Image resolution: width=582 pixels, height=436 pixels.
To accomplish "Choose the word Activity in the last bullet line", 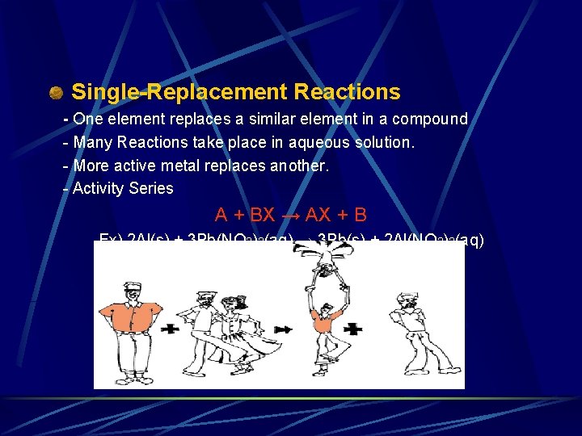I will [x=100, y=188].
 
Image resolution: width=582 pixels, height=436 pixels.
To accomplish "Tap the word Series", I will [x=152, y=188].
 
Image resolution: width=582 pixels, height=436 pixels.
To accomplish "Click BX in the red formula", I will [x=262, y=215].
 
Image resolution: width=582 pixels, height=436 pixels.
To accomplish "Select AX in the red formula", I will [x=322, y=215].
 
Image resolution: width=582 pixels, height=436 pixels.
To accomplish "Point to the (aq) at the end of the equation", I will [x=466, y=240].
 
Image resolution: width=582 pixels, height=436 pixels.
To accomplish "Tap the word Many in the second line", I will [x=92, y=142].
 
